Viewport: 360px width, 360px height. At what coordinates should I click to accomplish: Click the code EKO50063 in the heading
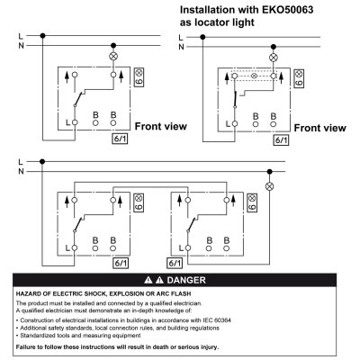[x=288, y=10]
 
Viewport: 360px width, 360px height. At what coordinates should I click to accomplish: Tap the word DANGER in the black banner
[x=186, y=280]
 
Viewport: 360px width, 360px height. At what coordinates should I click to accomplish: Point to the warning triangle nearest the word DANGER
[x=160, y=280]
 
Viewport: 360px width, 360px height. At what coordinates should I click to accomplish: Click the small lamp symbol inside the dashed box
[x=254, y=76]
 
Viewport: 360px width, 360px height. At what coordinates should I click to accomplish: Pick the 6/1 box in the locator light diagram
[x=281, y=140]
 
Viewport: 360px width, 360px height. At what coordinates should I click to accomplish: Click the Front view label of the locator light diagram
[x=319, y=128]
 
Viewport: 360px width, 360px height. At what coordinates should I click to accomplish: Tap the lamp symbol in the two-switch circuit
[x=269, y=186]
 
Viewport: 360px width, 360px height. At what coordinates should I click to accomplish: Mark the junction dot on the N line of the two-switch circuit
[x=269, y=172]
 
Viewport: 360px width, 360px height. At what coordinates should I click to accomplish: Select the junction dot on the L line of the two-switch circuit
[x=42, y=162]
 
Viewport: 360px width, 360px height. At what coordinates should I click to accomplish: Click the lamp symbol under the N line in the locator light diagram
[x=273, y=58]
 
